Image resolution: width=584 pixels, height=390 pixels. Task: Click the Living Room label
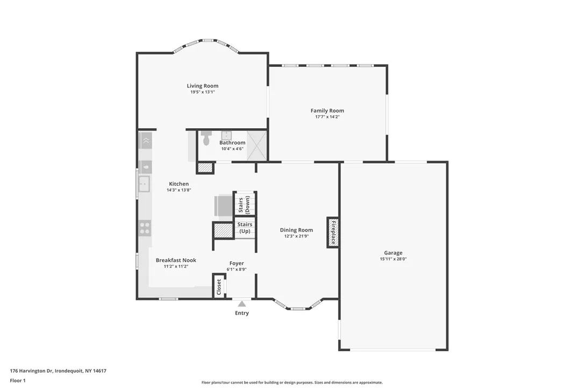[202, 86]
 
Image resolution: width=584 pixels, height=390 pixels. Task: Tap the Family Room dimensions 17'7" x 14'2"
[327, 117]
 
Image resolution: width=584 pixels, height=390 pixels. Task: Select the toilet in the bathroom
[206, 140]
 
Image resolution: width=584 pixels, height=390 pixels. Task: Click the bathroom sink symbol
[226, 135]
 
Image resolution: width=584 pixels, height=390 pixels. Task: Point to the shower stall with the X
[257, 145]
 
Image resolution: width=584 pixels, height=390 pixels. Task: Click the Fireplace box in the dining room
[333, 232]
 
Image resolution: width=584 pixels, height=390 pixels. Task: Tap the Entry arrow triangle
[242, 304]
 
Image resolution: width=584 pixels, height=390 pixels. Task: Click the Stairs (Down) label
[244, 204]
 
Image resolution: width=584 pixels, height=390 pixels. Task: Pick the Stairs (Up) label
[245, 227]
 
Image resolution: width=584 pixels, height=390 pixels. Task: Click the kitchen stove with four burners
[145, 227]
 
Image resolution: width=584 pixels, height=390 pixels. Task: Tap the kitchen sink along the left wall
[144, 184]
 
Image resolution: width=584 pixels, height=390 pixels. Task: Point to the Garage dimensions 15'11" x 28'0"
[393, 259]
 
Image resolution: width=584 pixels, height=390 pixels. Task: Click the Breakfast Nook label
[176, 260]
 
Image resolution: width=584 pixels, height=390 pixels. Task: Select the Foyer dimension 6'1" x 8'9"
[237, 269]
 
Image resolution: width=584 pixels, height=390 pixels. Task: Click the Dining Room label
[296, 230]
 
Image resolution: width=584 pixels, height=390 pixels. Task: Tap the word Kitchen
[179, 184]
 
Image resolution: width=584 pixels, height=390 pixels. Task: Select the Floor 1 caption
[18, 380]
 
